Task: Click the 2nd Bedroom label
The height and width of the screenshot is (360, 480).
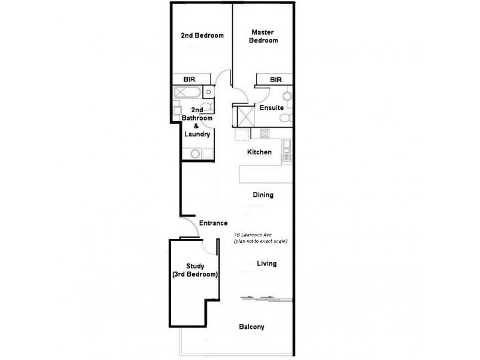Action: [202, 36]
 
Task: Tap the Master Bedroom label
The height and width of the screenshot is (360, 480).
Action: [265, 36]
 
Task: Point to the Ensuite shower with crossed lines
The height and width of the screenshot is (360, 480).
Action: [244, 116]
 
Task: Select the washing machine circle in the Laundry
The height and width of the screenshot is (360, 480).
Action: [194, 154]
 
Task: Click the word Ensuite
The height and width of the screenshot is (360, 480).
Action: [271, 108]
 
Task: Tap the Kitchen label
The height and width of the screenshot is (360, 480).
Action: [260, 152]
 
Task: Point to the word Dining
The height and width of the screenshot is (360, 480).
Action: [263, 195]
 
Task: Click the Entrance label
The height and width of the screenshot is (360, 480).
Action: [213, 223]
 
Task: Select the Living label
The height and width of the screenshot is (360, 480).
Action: [266, 264]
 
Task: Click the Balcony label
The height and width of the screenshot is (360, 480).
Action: [251, 327]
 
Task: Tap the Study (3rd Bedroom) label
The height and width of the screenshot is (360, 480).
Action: [195, 270]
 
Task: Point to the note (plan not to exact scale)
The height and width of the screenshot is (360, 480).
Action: [260, 241]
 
